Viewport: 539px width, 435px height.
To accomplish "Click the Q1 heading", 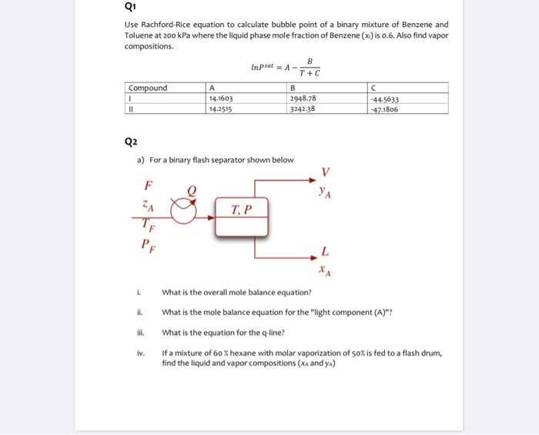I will click(x=130, y=9).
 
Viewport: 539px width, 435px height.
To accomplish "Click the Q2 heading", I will click(x=130, y=141).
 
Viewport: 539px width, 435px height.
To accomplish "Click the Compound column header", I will click(x=148, y=88).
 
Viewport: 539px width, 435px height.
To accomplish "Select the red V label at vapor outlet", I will click(x=326, y=171).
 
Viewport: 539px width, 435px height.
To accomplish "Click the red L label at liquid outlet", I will click(x=326, y=252).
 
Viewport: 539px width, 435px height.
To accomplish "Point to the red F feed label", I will click(x=148, y=184).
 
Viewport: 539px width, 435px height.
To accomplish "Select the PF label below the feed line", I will click(x=147, y=245).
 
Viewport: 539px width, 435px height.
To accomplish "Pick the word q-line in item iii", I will click(x=273, y=333).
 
